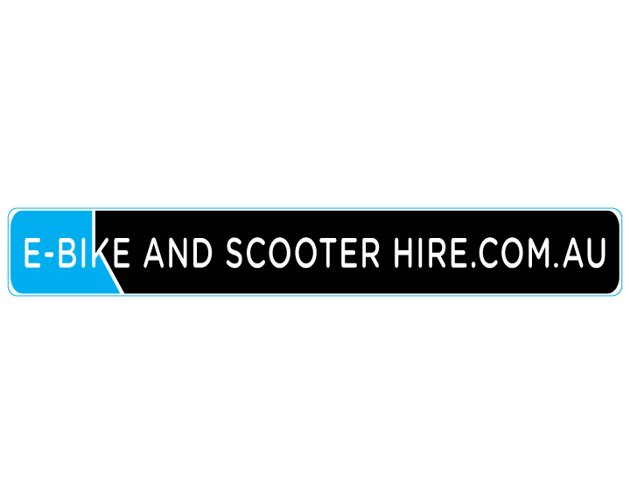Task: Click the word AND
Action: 178,253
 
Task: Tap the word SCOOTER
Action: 303,253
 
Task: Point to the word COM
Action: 512,253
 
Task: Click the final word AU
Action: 584,253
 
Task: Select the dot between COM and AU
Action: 556,264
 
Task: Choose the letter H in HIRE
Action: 403,253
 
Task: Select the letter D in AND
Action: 202,253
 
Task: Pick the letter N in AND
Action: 178,253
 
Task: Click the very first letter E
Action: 33,253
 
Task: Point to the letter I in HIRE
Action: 421,253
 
